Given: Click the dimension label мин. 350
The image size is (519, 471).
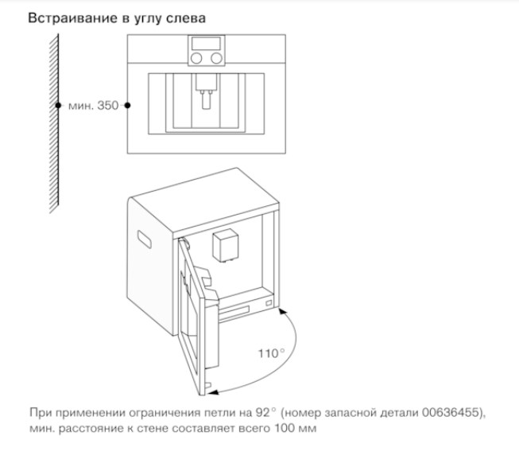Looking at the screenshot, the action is pyautogui.click(x=93, y=106).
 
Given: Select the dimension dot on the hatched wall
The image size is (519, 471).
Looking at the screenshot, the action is pyautogui.click(x=58, y=105).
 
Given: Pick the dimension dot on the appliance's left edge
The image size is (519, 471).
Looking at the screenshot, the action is pyautogui.click(x=127, y=105).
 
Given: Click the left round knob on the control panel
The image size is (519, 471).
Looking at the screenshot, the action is pyautogui.click(x=196, y=58).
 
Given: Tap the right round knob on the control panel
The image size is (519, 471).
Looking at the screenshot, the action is pyautogui.click(x=216, y=58).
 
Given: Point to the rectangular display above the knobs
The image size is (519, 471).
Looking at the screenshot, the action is pyautogui.click(x=206, y=43).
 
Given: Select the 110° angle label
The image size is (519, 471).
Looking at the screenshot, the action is pyautogui.click(x=271, y=353).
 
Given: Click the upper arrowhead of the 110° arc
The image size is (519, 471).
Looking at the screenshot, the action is pyautogui.click(x=281, y=311).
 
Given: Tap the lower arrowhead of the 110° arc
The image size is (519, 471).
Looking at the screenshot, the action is pyautogui.click(x=214, y=392).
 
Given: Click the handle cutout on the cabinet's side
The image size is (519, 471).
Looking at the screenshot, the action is pyautogui.click(x=145, y=239).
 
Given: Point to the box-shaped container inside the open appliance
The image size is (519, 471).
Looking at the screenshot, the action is pyautogui.click(x=225, y=246).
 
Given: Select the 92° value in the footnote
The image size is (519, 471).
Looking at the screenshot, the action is pyautogui.click(x=265, y=413).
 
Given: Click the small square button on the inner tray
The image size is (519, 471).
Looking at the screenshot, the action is pyautogui.click(x=269, y=303).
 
